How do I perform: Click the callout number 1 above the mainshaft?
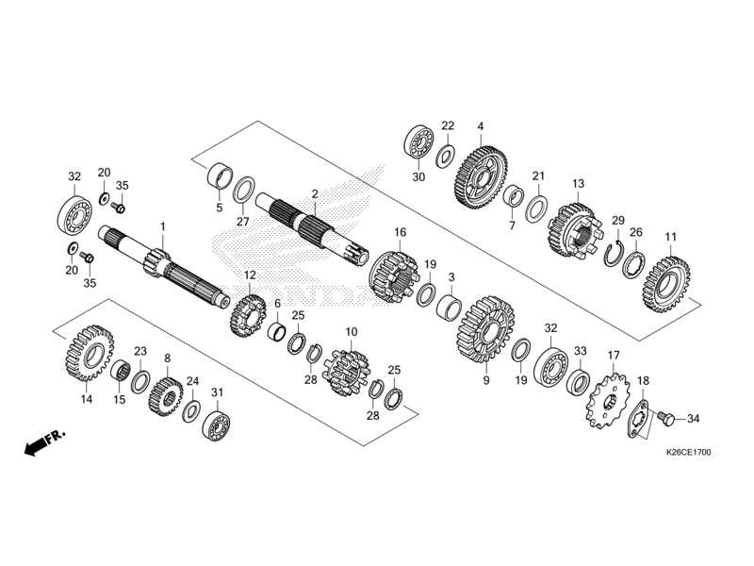click(162, 226)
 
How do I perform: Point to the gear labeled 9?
click(485, 330)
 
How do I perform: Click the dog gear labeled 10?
click(345, 371)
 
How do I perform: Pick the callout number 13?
click(578, 183)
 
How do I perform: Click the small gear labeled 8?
click(167, 395)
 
